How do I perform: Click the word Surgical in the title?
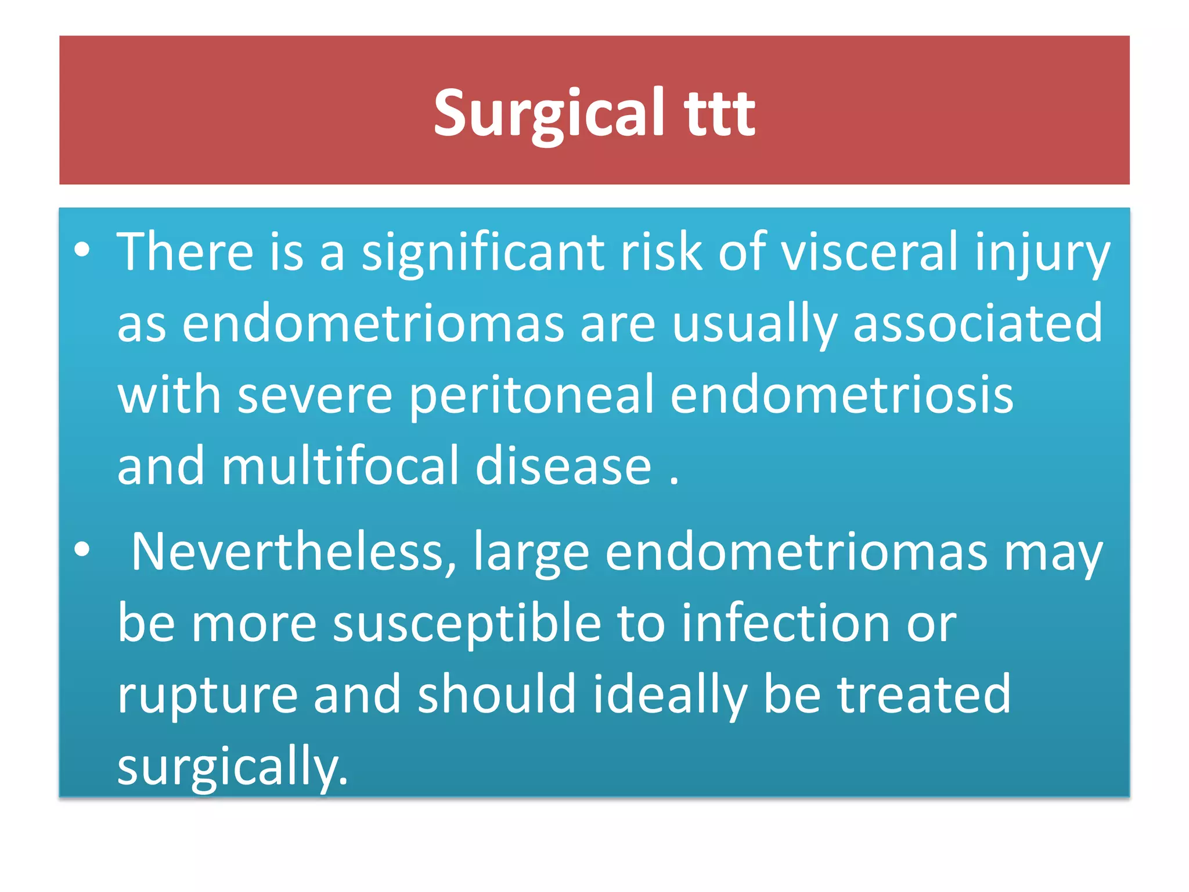pyautogui.click(x=549, y=113)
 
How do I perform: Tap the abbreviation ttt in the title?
pyautogui.click(x=719, y=113)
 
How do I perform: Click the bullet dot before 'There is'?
pyautogui.click(x=82, y=250)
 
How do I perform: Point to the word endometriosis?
pyautogui.click(x=842, y=395)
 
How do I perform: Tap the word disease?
pyautogui.click(x=563, y=466)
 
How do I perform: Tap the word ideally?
pyautogui.click(x=669, y=696)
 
